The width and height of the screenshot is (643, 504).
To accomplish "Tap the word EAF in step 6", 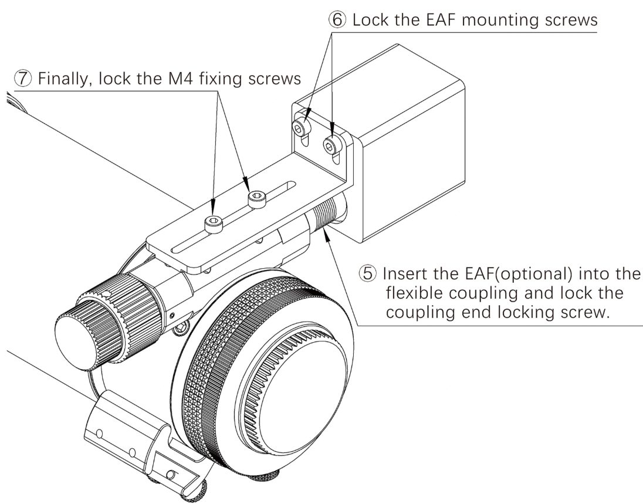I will tap(432, 20).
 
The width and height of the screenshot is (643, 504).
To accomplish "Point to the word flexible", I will tap(418, 293).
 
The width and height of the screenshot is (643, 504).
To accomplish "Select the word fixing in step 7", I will tap(225, 79).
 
